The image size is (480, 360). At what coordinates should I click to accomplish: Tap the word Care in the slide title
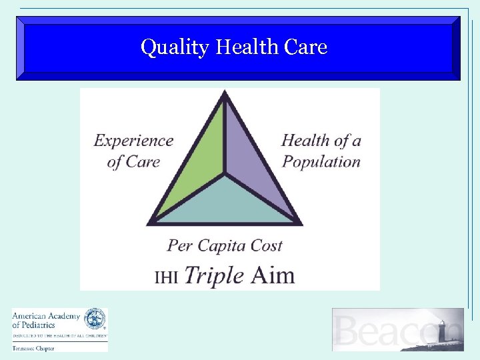(305, 47)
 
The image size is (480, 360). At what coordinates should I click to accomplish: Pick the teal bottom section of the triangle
(225, 203)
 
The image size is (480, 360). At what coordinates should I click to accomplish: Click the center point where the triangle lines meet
(225, 175)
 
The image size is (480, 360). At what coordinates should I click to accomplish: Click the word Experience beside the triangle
(133, 141)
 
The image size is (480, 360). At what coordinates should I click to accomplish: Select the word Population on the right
(321, 161)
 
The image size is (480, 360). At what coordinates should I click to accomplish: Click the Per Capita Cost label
(225, 246)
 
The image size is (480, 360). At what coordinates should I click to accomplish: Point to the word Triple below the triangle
(213, 275)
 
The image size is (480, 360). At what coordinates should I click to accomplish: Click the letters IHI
(166, 277)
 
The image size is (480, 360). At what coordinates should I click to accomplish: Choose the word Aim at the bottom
(273, 275)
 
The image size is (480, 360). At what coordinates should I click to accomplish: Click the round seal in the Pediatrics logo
(95, 319)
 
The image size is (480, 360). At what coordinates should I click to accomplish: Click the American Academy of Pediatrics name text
(46, 320)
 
